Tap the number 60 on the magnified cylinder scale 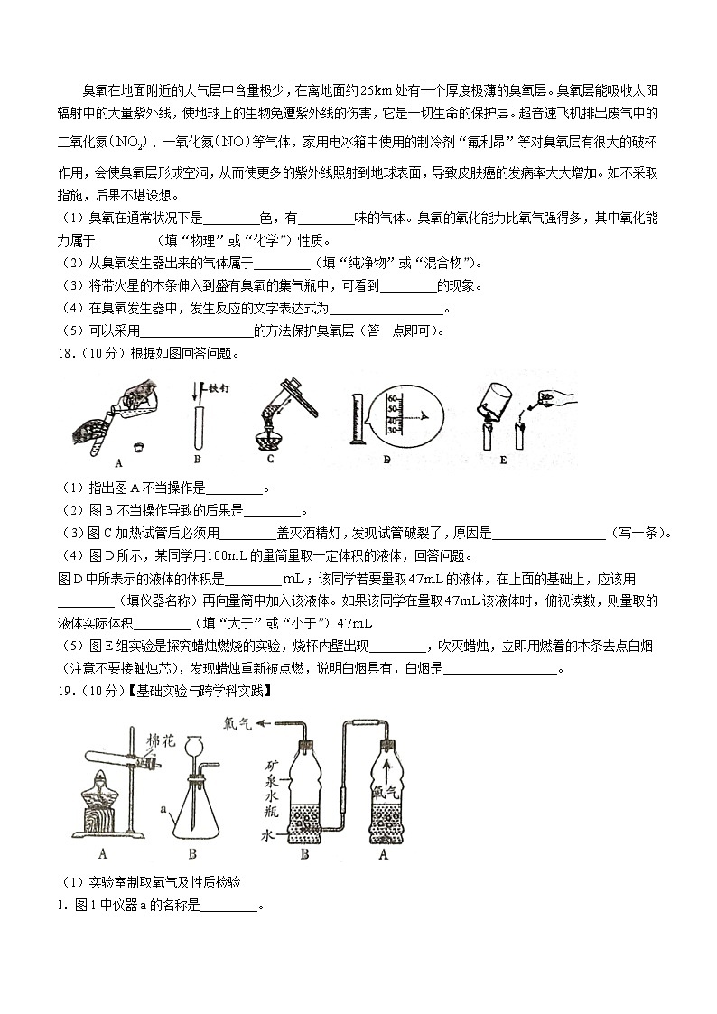(392, 398)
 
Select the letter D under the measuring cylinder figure (386, 460)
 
